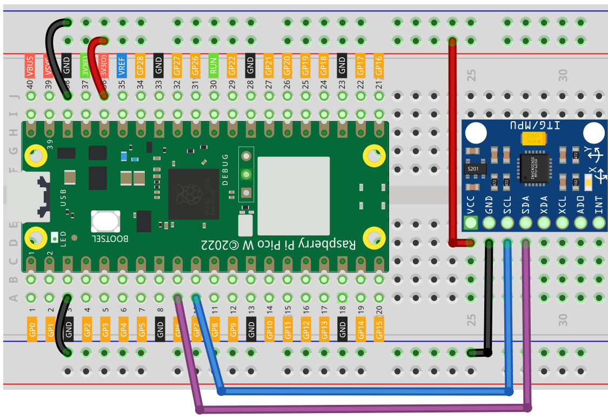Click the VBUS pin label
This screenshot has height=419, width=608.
coord(30,64)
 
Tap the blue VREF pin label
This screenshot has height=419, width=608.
coord(122,64)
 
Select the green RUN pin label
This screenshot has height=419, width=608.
coord(213,64)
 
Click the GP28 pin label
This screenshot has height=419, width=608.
coord(141,64)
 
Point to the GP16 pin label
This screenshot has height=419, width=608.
coord(379,64)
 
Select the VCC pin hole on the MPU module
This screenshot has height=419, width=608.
coord(471,222)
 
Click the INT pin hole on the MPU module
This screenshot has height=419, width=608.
coord(598,222)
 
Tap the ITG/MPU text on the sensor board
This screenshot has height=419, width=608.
coord(535,126)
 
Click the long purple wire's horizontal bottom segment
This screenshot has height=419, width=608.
coord(362,408)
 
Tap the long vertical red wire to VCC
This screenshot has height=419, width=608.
coord(452,141)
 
